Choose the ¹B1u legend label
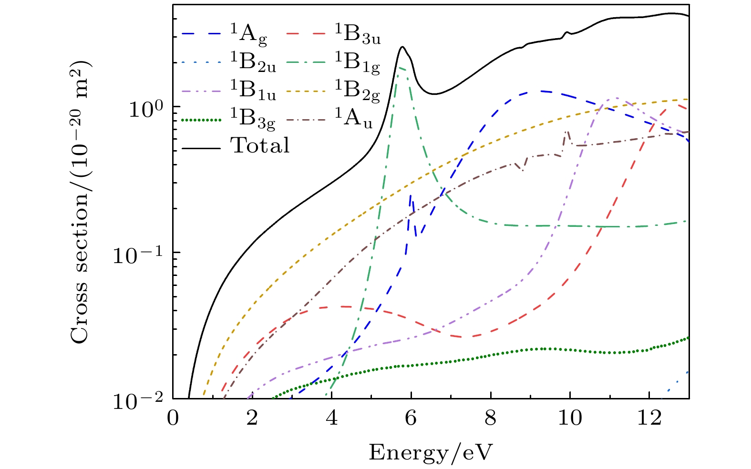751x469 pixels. pyautogui.click(x=253, y=90)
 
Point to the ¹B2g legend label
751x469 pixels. pyautogui.click(x=357, y=90)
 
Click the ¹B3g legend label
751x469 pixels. pyautogui.click(x=253, y=118)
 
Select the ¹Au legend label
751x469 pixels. pyautogui.click(x=353, y=118)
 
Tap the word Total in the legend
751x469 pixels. pyautogui.click(x=260, y=145)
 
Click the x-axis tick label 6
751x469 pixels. pyautogui.click(x=411, y=418)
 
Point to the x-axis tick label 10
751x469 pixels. pyautogui.click(x=570, y=418)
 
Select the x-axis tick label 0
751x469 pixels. pyautogui.click(x=173, y=418)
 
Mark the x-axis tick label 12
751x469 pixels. pyautogui.click(x=649, y=418)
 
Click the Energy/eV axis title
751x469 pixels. pyautogui.click(x=430, y=452)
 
